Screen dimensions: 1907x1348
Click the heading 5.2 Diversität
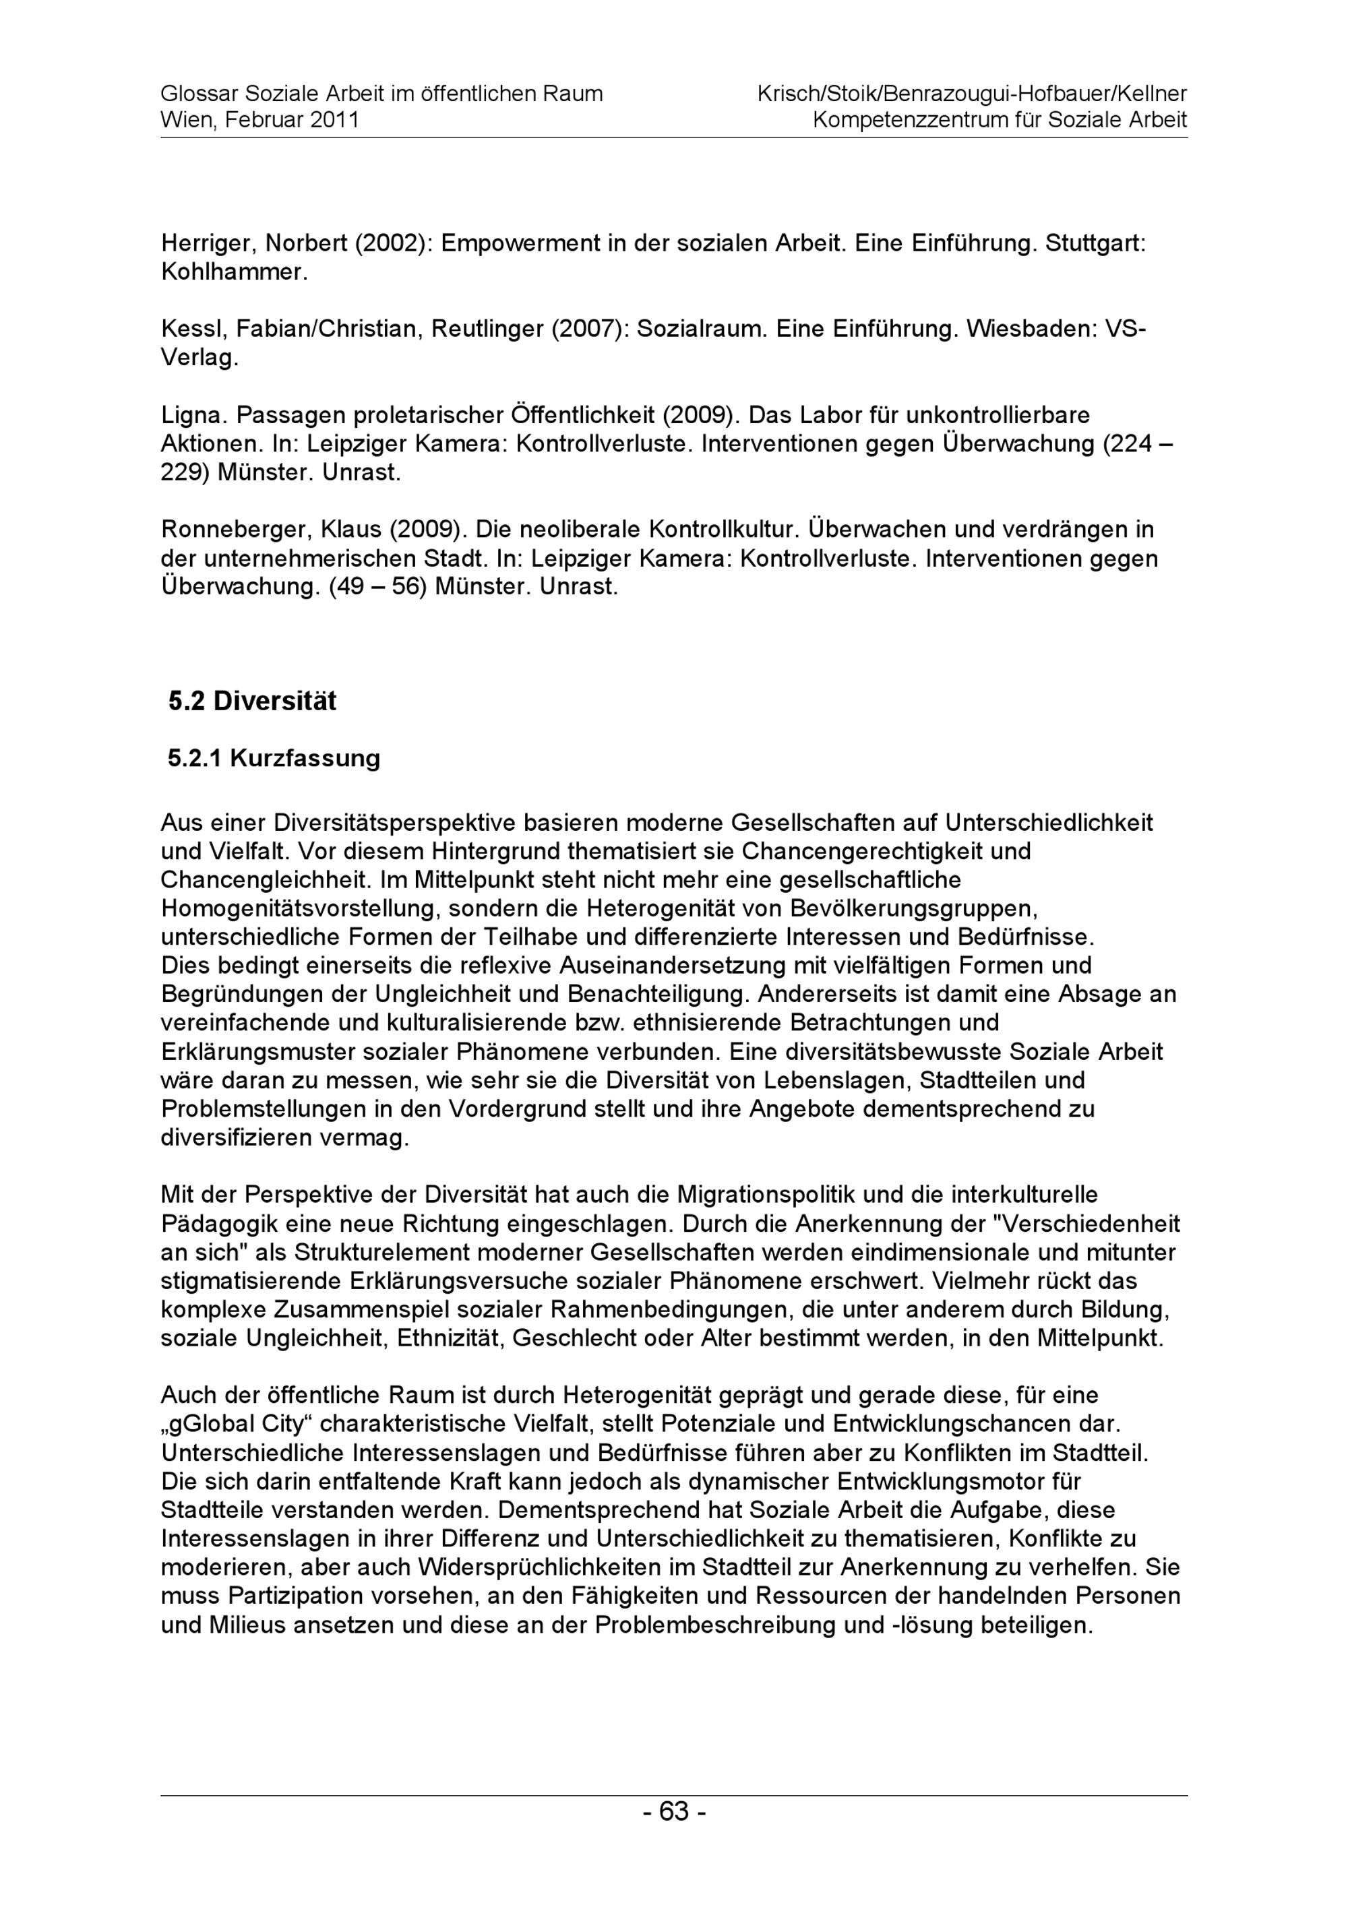253,701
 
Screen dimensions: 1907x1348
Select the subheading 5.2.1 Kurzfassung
274,758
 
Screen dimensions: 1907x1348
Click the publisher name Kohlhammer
233,272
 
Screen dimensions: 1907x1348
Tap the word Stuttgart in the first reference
1095,243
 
